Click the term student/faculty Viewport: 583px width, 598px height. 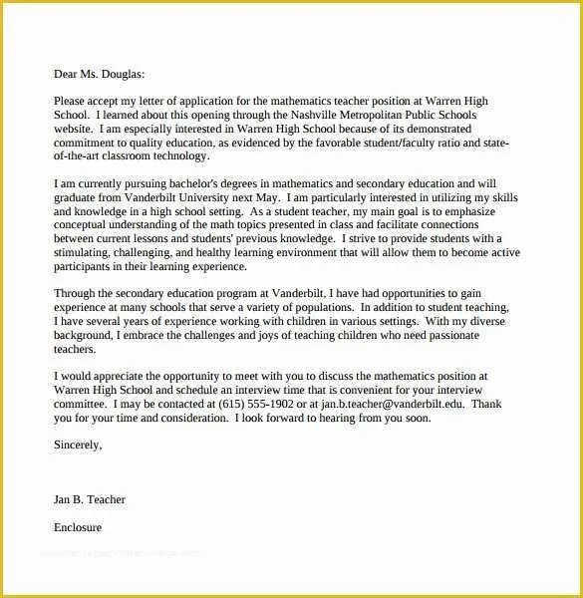coord(404,143)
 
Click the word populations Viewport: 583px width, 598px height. coord(358,309)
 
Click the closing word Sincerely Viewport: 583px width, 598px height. coord(77,446)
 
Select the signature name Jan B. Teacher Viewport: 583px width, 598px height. coord(89,499)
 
